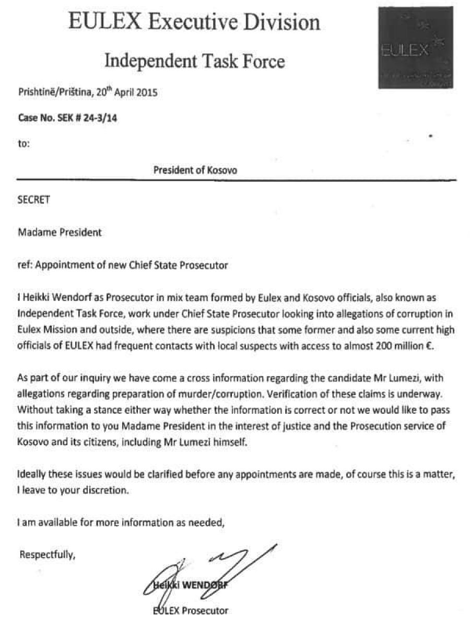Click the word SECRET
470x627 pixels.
click(34, 200)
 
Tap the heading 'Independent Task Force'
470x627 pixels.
click(195, 61)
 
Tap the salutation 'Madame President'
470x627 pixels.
click(60, 233)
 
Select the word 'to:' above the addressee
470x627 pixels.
click(24, 144)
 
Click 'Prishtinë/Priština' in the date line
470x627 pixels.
click(50, 94)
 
